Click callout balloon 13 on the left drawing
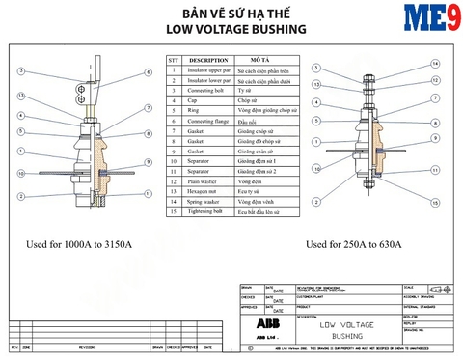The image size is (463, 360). coord(20,97)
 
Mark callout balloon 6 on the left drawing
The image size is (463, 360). coord(148,72)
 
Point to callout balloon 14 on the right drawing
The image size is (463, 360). coord(436,64)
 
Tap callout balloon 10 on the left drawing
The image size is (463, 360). coord(20,155)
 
